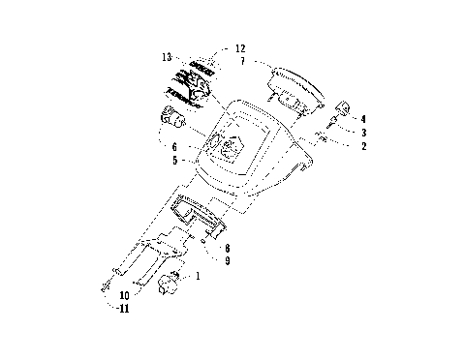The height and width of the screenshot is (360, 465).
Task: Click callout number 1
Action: click(199, 276)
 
